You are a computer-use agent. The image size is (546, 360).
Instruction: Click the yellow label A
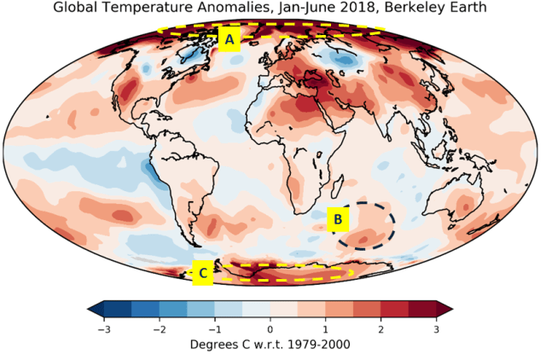229,39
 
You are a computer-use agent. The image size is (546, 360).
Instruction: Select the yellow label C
203,273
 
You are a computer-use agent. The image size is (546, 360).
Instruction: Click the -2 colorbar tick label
160,328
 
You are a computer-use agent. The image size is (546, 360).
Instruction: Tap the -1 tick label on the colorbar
215,328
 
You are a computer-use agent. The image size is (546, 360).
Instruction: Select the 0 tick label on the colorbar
270,328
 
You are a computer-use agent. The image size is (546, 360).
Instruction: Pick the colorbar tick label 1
325,328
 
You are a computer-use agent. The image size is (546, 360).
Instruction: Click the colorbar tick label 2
380,328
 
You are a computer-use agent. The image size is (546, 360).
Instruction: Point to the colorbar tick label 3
436,328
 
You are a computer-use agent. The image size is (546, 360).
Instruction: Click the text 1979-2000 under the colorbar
314,345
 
